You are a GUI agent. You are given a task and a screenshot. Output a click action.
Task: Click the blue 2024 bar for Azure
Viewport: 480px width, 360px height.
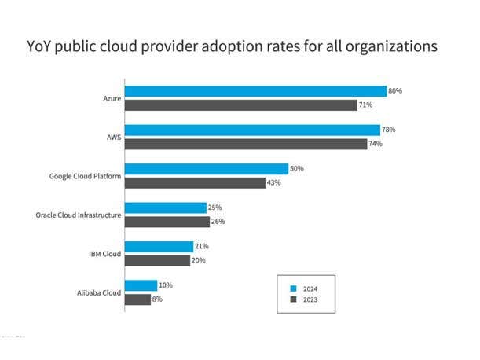256,91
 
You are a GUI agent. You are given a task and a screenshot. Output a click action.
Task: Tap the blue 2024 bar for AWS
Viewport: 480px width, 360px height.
253,130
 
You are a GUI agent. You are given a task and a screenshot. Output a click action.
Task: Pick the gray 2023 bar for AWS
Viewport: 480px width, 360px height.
246,144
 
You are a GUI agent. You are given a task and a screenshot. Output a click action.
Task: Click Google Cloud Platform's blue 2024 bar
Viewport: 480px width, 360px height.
207,169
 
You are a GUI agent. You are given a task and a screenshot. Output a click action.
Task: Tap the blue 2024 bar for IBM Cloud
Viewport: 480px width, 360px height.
159,247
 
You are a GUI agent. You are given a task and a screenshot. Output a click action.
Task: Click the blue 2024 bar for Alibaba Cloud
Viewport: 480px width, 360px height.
141,285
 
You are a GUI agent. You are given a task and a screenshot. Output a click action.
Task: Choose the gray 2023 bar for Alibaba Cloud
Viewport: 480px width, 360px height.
138,299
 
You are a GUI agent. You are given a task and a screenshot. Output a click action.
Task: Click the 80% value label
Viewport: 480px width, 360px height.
395,91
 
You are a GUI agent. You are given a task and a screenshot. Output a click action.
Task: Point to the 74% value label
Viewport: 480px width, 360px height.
376,144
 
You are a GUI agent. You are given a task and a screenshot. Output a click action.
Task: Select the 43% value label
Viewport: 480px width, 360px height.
274,183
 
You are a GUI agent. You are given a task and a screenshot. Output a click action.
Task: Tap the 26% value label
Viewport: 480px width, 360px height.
218,222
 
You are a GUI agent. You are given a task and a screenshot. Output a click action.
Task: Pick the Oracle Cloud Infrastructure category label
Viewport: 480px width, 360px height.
79,215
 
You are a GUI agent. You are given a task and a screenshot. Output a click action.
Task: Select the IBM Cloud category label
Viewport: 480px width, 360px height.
104,253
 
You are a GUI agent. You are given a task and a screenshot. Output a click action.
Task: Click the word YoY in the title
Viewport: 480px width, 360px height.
42,47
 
